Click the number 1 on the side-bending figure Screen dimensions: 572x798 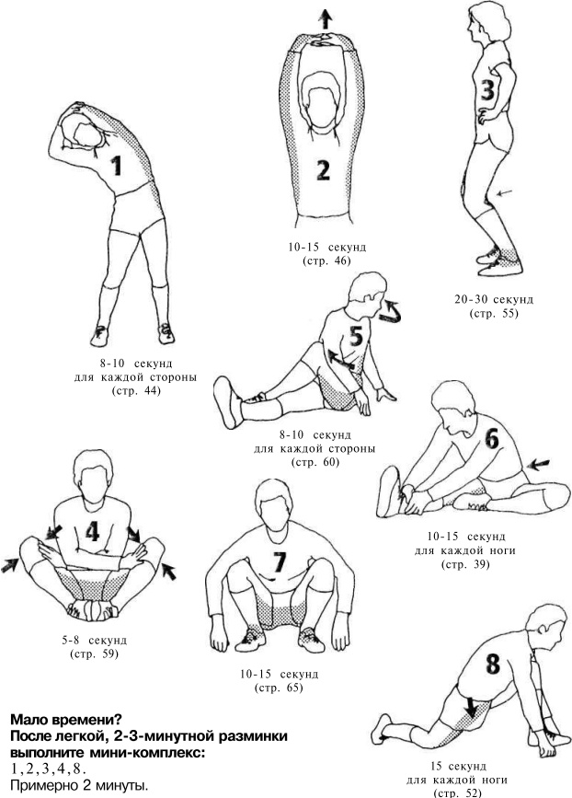(x=118, y=166)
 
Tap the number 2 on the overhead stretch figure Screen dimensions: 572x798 (x=323, y=169)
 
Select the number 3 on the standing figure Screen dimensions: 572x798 (x=487, y=90)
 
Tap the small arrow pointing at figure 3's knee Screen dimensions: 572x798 (x=504, y=192)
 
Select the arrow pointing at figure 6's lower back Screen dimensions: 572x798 (x=539, y=464)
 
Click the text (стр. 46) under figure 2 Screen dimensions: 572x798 (x=326, y=261)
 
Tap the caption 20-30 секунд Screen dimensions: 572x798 (x=494, y=299)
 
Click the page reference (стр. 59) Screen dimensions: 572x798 (x=94, y=654)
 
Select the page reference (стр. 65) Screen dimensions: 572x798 (x=279, y=688)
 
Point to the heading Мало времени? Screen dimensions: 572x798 (x=66, y=720)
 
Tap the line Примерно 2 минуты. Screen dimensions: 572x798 (x=79, y=785)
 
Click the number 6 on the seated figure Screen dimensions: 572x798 (x=492, y=439)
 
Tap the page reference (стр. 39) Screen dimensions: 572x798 (x=465, y=564)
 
